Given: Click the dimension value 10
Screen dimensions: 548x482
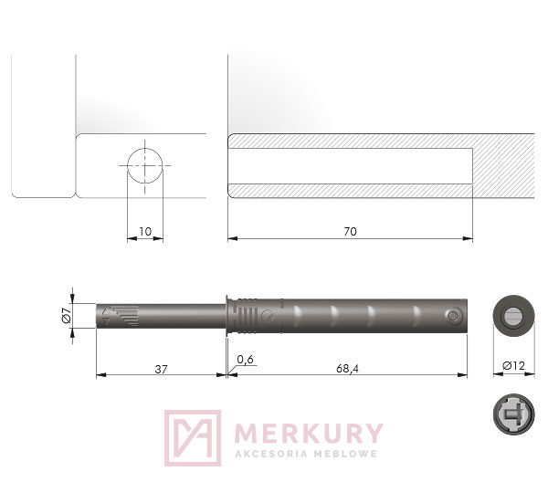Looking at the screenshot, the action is pyautogui.click(x=145, y=232).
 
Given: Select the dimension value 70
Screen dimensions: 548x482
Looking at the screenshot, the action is pyautogui.click(x=350, y=232).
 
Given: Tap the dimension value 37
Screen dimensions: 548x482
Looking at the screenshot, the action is pyautogui.click(x=161, y=369).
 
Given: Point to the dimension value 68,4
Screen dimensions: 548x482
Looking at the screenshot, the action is pyautogui.click(x=347, y=369).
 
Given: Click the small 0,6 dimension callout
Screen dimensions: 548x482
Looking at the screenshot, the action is pyautogui.click(x=246, y=360).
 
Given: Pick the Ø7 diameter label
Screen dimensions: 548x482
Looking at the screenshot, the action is pyautogui.click(x=67, y=315).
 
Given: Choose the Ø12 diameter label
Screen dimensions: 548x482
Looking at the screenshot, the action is pyautogui.click(x=513, y=366).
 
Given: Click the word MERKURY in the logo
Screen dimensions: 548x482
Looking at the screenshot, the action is pyautogui.click(x=309, y=433).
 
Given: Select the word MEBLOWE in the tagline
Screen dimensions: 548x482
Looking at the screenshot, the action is pyautogui.click(x=346, y=454).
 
